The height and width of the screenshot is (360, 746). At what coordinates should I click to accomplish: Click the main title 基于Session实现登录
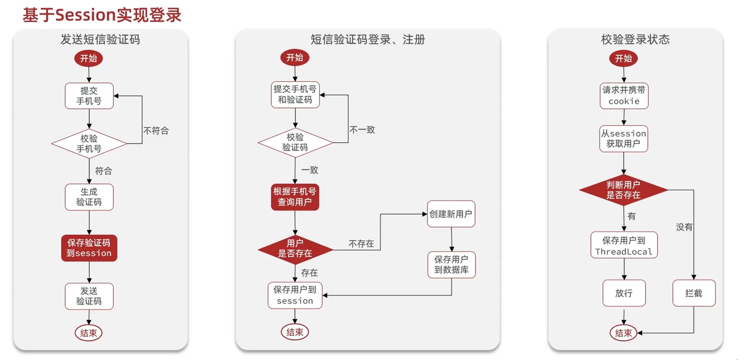pyautogui.click(x=102, y=15)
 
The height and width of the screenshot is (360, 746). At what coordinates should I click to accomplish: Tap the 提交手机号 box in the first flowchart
pyautogui.click(x=89, y=96)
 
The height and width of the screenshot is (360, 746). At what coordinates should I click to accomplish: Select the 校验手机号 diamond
pyautogui.click(x=89, y=143)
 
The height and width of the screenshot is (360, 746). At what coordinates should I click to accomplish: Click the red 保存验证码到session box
pyautogui.click(x=89, y=248)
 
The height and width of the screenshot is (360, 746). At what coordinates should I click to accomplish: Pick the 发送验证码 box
pyautogui.click(x=89, y=296)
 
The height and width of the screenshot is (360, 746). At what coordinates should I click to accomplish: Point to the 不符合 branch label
pyautogui.click(x=156, y=130)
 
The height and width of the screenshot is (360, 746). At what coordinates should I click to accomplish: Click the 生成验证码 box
pyautogui.click(x=89, y=197)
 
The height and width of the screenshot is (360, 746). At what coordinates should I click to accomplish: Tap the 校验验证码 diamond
pyautogui.click(x=295, y=142)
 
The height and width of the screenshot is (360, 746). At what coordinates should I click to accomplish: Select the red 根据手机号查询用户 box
pyautogui.click(x=295, y=197)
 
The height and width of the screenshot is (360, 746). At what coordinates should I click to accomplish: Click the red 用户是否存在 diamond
pyautogui.click(x=295, y=249)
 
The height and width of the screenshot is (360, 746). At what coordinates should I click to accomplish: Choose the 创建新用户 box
pyautogui.click(x=451, y=214)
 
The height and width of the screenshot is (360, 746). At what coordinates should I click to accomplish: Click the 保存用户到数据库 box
pyautogui.click(x=451, y=264)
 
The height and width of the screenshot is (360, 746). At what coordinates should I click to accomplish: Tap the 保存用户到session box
pyautogui.click(x=295, y=295)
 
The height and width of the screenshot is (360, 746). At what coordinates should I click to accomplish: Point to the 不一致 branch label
pyautogui.click(x=362, y=130)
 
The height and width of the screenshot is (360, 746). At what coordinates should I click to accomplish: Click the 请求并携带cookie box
pyautogui.click(x=624, y=96)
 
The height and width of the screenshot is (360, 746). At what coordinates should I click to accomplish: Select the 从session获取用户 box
pyautogui.click(x=624, y=139)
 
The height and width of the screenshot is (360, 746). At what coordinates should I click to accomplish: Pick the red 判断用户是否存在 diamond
pyautogui.click(x=624, y=190)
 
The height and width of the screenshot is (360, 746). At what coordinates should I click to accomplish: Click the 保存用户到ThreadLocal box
pyautogui.click(x=624, y=246)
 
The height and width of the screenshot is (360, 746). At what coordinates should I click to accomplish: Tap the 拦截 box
pyautogui.click(x=694, y=293)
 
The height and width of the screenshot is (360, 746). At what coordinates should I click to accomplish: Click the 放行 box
pyautogui.click(x=624, y=293)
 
